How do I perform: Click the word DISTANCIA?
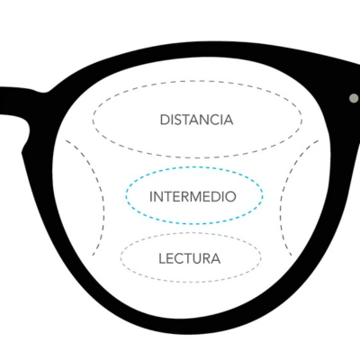(196, 120)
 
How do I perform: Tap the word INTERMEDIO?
(193, 197)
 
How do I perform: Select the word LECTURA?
(190, 258)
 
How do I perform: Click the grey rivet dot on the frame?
(354, 98)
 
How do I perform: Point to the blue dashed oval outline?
(194, 167)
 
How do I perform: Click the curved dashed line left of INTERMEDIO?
(103, 198)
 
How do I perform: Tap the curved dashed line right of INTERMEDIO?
(282, 198)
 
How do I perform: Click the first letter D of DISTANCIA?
(165, 120)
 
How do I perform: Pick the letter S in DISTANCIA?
(178, 120)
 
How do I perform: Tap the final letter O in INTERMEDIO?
(230, 197)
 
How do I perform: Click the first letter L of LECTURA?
(162, 258)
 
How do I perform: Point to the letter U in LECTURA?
(197, 258)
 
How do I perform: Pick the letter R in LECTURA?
(207, 258)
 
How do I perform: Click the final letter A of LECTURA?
(216, 258)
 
